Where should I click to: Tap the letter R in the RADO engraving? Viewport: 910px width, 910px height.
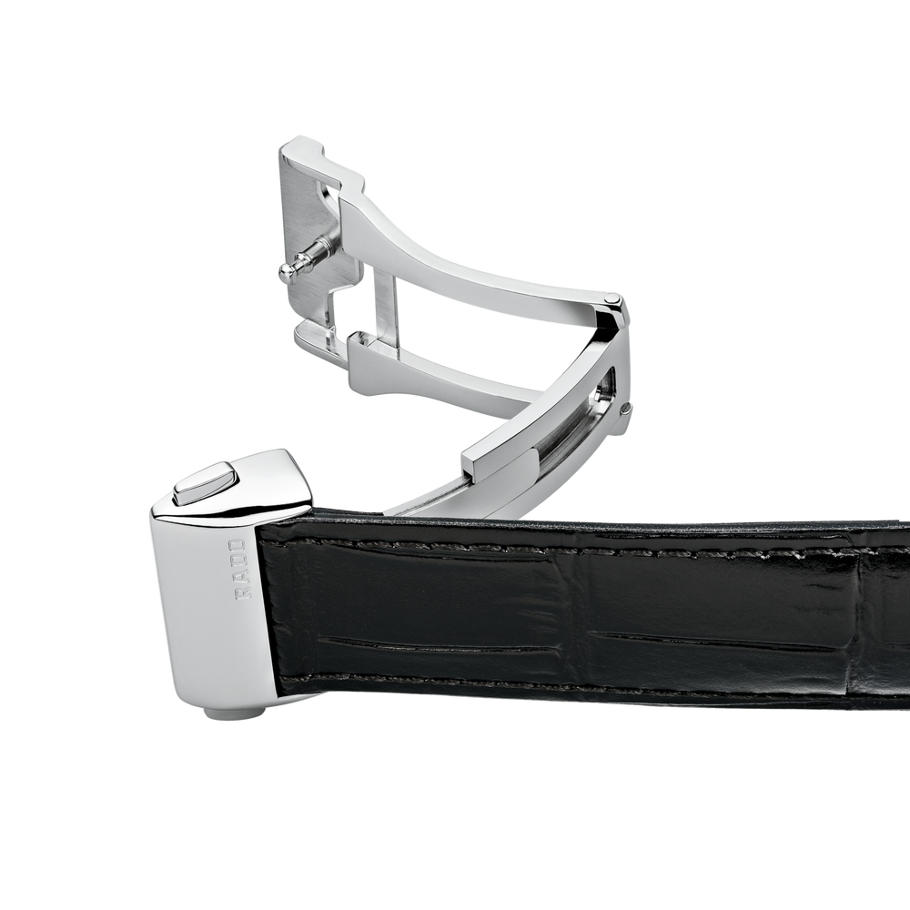(x=239, y=592)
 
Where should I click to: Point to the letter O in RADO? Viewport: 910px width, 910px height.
(x=238, y=545)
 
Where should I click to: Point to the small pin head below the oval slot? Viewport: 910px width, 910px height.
(x=624, y=409)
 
